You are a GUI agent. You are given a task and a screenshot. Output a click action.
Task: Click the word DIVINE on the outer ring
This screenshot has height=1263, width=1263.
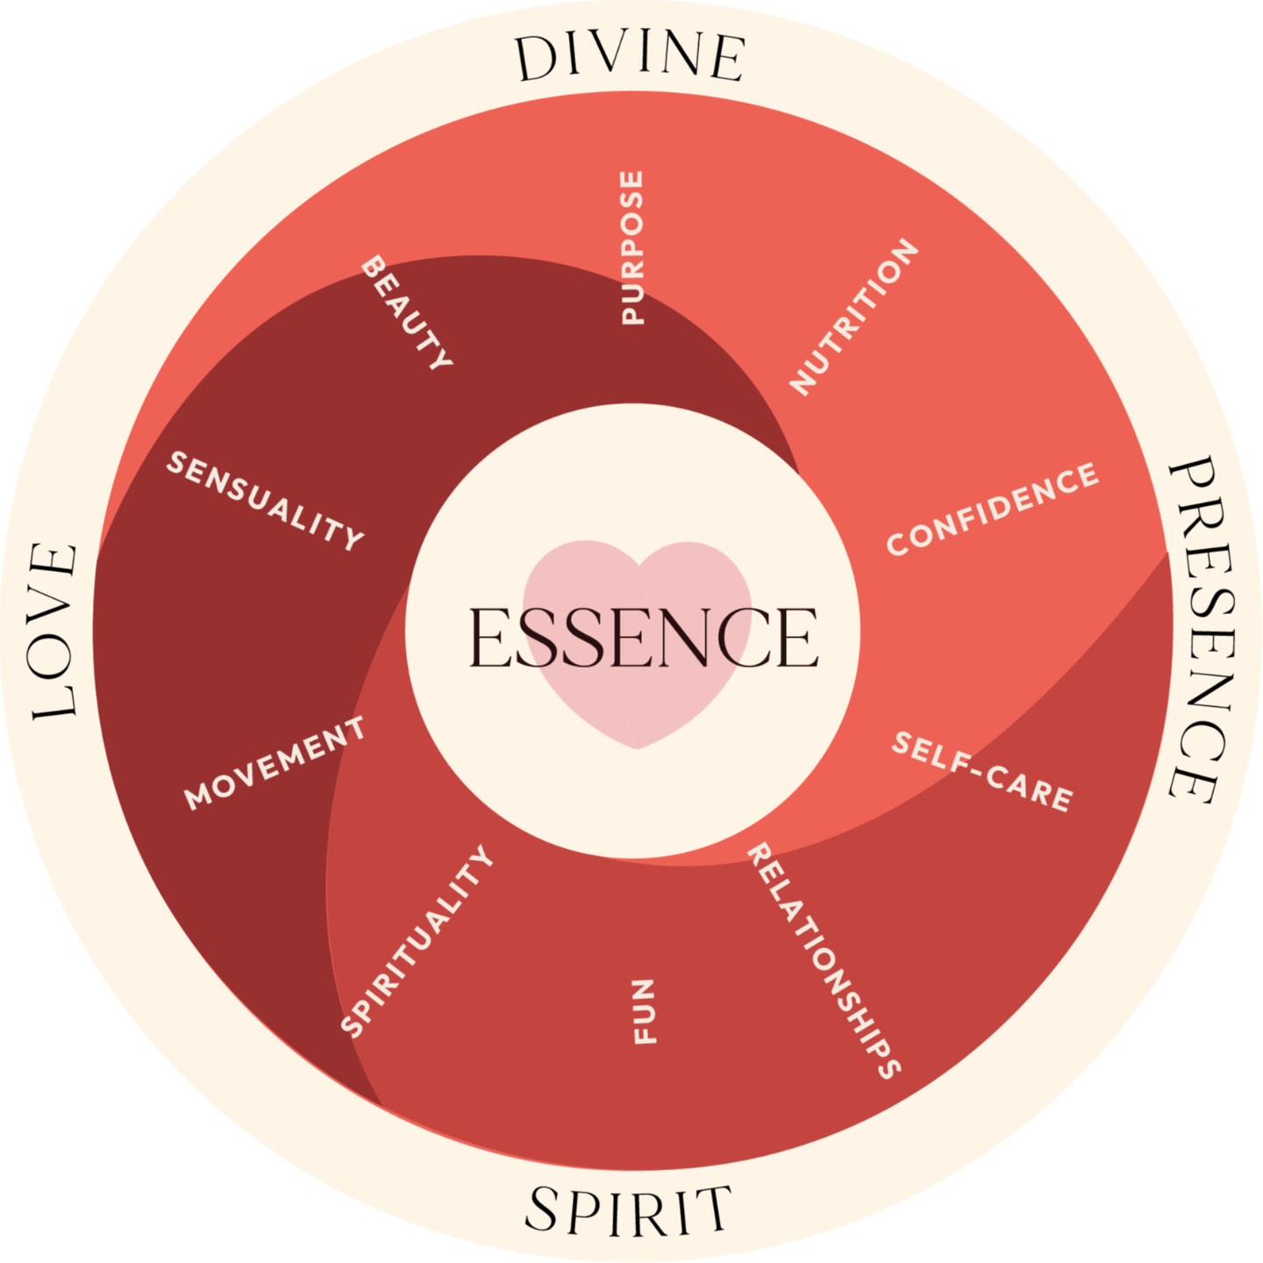tap(630, 58)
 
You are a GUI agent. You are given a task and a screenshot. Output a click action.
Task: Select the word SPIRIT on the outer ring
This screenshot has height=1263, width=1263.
tap(628, 1210)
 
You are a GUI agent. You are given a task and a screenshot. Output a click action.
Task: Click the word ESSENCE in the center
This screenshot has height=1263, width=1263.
tap(643, 638)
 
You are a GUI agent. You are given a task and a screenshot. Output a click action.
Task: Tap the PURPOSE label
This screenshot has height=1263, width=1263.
tap(631, 248)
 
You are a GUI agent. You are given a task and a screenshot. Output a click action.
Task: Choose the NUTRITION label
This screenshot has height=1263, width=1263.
tap(854, 316)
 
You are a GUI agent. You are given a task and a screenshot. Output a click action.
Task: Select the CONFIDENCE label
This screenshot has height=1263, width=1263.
tap(992, 509)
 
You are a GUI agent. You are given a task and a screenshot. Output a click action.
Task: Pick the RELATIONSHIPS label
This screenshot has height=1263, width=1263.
tap(823, 959)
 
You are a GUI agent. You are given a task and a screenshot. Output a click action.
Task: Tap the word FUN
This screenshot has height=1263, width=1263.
tap(645, 1011)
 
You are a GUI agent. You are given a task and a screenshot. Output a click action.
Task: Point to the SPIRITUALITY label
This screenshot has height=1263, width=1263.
tap(417, 940)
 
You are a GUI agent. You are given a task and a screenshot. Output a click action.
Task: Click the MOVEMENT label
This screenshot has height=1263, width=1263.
tap(275, 761)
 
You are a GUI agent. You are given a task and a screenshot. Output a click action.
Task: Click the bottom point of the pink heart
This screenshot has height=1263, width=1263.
tap(639, 748)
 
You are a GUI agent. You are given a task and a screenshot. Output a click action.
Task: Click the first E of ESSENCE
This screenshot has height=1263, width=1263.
tap(489, 638)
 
